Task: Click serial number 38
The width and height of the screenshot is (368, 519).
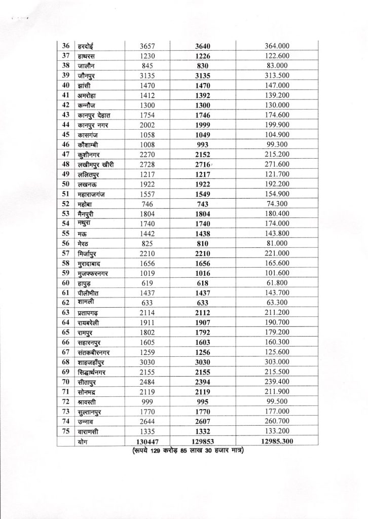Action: (x=65, y=66)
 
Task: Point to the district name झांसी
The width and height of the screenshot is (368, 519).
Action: (x=82, y=86)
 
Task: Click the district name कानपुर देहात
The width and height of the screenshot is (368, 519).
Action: (x=94, y=115)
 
